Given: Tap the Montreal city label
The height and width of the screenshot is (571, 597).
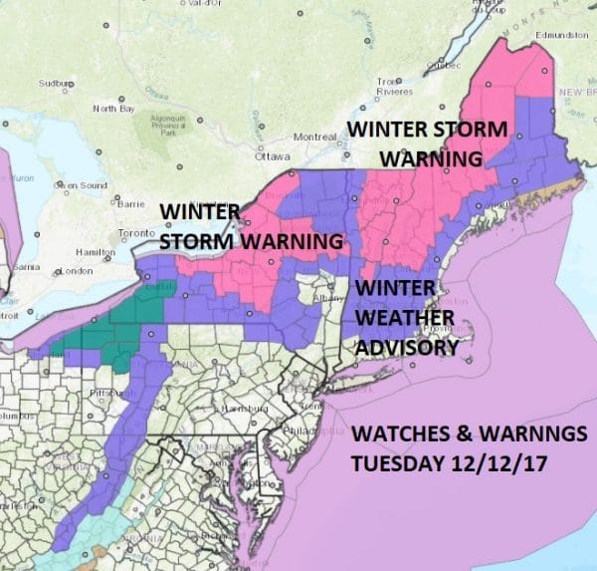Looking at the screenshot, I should pyautogui.click(x=315, y=137).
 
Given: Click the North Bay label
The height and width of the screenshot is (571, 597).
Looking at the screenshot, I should pyautogui.click(x=111, y=108).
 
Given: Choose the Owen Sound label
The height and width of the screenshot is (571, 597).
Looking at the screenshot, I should pyautogui.click(x=81, y=185).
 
